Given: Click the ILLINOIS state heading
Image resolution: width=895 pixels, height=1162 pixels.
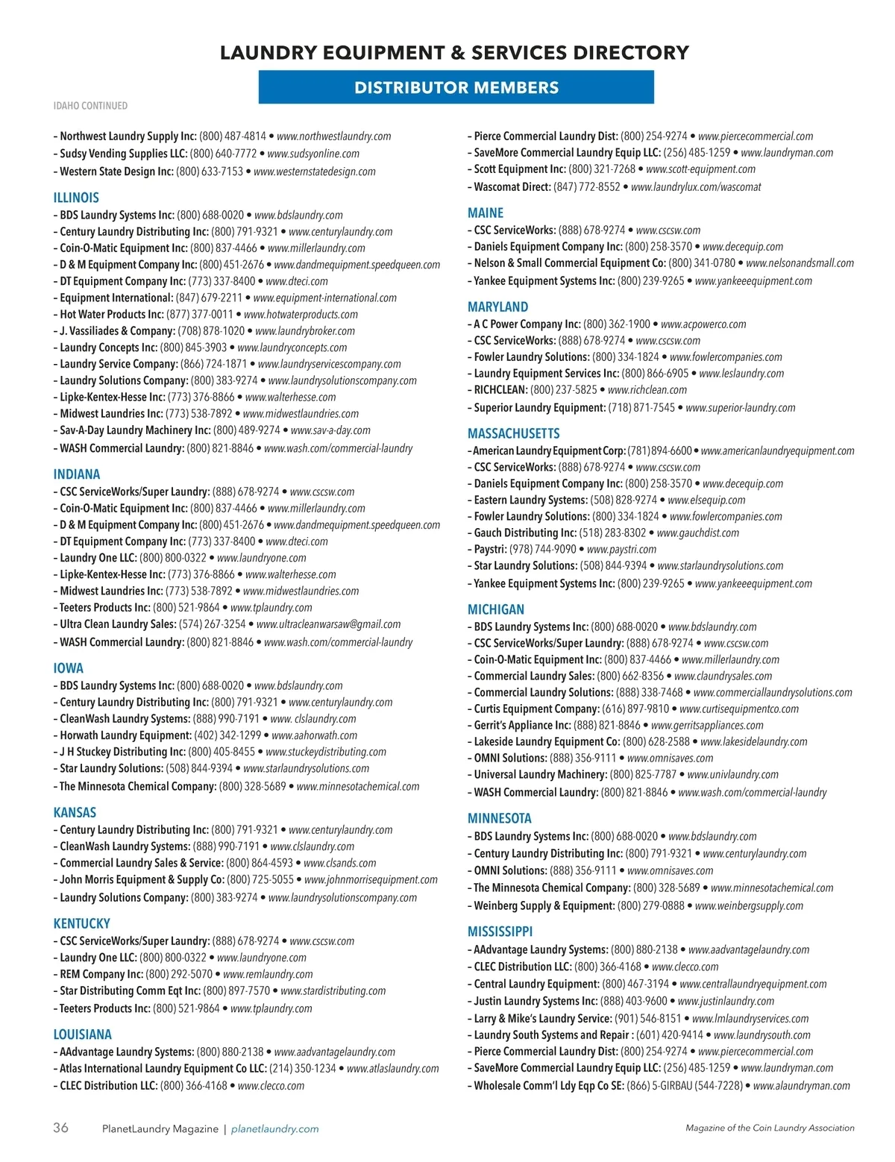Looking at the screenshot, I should (x=76, y=198).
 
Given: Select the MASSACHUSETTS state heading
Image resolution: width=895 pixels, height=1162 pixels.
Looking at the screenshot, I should (x=513, y=433).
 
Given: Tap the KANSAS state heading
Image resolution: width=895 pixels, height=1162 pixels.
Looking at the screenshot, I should (x=75, y=812).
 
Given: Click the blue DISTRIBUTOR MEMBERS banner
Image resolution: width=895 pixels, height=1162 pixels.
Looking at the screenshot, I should (x=456, y=87).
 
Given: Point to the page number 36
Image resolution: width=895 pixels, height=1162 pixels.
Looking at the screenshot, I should (x=60, y=1128).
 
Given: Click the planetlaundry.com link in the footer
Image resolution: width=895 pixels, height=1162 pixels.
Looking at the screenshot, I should (x=274, y=1128).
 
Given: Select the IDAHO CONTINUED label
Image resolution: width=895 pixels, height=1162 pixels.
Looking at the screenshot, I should (x=90, y=106).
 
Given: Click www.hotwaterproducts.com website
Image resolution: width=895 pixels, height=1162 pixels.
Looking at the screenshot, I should (x=301, y=315).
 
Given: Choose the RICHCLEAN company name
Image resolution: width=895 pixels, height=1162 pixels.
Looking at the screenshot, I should (x=500, y=389).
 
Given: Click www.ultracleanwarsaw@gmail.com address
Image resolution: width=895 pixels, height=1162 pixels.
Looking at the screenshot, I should (x=328, y=624).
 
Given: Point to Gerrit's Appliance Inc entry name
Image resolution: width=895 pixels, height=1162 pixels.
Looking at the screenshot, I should (x=522, y=725).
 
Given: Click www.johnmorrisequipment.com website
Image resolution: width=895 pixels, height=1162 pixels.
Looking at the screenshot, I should (x=371, y=879).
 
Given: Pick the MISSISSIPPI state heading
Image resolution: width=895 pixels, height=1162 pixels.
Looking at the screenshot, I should (x=500, y=932).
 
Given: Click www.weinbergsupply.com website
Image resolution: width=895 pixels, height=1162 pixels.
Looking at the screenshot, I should (x=749, y=906).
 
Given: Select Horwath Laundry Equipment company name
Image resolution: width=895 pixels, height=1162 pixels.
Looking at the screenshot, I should (x=125, y=735).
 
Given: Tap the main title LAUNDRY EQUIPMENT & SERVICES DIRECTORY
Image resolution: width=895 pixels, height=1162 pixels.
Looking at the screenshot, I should (x=455, y=53).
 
